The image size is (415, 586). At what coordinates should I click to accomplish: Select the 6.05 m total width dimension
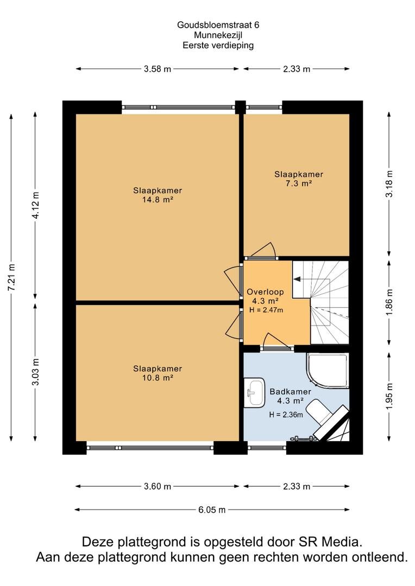[x=212, y=509]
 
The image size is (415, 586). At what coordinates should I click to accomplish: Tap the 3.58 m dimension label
[x=157, y=69]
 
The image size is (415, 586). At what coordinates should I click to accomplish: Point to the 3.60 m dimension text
[x=157, y=486]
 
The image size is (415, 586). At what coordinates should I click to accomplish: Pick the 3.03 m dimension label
[x=35, y=372]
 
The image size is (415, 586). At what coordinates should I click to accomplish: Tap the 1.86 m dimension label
[x=389, y=302]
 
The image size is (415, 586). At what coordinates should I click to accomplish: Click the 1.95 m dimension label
[x=389, y=396]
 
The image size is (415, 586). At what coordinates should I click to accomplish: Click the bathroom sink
[x=254, y=392]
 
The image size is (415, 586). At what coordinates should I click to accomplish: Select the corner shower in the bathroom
[x=328, y=371]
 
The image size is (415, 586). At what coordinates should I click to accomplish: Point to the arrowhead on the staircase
[x=297, y=279]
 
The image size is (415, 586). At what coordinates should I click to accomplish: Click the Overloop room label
[x=265, y=292]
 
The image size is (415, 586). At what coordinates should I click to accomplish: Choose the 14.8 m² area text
[x=158, y=200]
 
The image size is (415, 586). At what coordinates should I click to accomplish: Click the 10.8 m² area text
[x=158, y=378]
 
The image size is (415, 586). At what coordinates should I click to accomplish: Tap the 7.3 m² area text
[x=299, y=183]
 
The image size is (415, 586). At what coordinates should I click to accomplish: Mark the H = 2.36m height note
[x=286, y=415]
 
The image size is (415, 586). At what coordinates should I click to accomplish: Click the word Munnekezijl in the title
[x=218, y=35]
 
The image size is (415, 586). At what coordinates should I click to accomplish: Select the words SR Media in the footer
[x=330, y=542]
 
